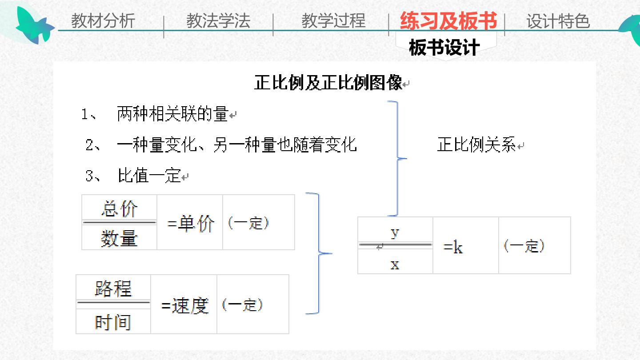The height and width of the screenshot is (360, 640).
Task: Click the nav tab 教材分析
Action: [x=103, y=21]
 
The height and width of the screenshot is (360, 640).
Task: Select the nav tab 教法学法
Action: [x=218, y=21]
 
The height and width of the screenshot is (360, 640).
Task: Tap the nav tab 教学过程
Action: [x=333, y=21]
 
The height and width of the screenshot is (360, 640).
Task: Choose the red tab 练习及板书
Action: [x=448, y=21]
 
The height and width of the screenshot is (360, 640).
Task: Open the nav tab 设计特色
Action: [x=558, y=21]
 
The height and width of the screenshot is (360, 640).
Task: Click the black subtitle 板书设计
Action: [x=444, y=48]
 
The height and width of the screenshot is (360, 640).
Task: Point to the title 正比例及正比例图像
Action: [x=328, y=83]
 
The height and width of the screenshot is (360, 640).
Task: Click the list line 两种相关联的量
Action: [x=172, y=114]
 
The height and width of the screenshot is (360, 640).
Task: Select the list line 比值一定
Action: [x=149, y=176]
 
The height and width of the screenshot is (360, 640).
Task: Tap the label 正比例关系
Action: [x=476, y=144]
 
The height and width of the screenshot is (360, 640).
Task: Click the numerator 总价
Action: [x=120, y=208]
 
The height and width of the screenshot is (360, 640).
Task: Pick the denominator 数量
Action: [x=120, y=238]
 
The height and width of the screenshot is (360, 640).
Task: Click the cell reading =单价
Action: [x=190, y=224]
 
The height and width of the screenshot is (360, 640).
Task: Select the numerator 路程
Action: [x=113, y=288]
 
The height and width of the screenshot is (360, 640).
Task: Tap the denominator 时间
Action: [x=113, y=322]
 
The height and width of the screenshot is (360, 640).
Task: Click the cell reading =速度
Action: [x=185, y=306]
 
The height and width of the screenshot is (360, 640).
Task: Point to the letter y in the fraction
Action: [x=395, y=233]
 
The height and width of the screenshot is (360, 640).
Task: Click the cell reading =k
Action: [x=453, y=247]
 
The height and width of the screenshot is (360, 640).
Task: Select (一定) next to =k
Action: [x=524, y=246]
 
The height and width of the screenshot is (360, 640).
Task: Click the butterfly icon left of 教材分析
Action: [x=35, y=26]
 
